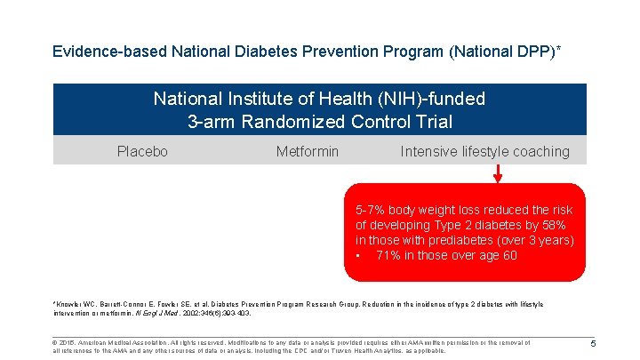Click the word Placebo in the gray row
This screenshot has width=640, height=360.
click(142, 152)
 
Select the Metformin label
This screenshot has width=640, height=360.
click(308, 152)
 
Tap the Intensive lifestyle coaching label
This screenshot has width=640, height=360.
click(484, 152)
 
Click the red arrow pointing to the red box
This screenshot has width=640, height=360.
click(497, 174)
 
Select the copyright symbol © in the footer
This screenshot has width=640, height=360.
click(56, 342)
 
